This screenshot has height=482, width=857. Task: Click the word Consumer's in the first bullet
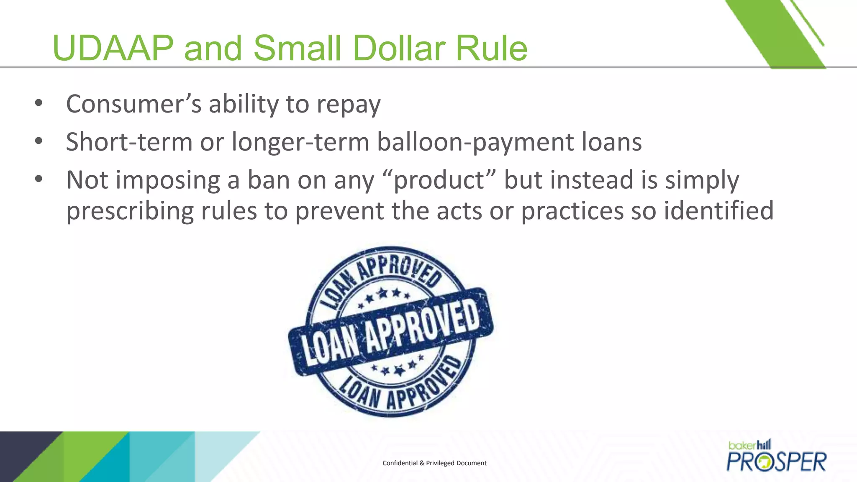pos(134,104)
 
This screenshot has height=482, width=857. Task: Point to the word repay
pos(349,105)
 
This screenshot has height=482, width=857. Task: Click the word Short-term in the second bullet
pos(129,142)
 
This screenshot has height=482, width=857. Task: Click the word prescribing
pos(130,211)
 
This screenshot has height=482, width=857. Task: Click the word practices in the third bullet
pos(572,211)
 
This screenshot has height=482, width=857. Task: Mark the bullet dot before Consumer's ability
pos(39,103)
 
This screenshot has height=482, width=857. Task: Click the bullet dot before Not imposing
pos(39,179)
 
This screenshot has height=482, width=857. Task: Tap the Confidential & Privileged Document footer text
pos(434,463)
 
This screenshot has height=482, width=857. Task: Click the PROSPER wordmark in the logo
pos(776,462)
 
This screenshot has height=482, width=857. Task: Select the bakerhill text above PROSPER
pos(749,445)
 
